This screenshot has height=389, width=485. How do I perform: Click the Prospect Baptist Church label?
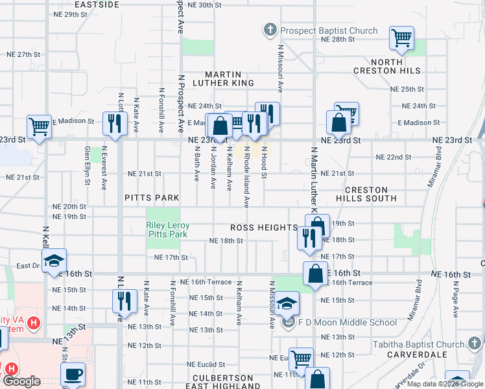329,30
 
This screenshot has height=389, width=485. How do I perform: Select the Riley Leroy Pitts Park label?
167,230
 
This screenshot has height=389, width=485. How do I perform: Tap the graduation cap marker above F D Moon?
286,303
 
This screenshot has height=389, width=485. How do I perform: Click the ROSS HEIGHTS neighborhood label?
264,228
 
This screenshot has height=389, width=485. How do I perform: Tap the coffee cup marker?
73,373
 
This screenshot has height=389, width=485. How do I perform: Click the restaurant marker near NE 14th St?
123,301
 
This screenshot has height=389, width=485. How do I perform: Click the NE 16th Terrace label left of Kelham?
206,282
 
